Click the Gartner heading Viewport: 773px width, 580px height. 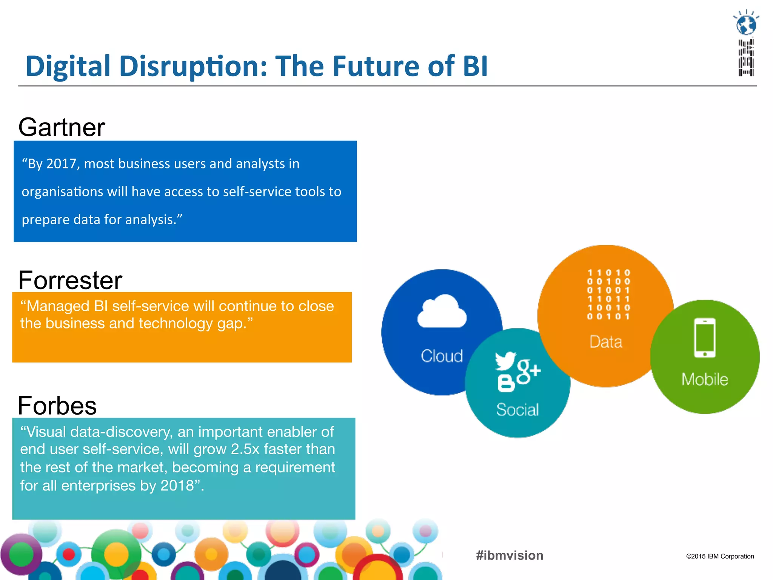62,128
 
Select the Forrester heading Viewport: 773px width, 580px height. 70,281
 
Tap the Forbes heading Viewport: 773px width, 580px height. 57,406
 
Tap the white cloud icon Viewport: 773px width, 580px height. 442,312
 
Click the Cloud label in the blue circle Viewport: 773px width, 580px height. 442,356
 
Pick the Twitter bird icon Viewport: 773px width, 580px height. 506,361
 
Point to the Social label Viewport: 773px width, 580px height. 517,410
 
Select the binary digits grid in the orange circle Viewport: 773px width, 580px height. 608,295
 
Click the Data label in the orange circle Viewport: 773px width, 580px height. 606,342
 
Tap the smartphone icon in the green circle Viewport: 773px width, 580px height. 705,338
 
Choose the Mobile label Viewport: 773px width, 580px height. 705,379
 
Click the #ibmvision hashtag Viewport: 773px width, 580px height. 510,555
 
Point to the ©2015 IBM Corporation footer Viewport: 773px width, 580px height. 720,556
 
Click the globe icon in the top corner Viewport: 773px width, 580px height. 746,25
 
